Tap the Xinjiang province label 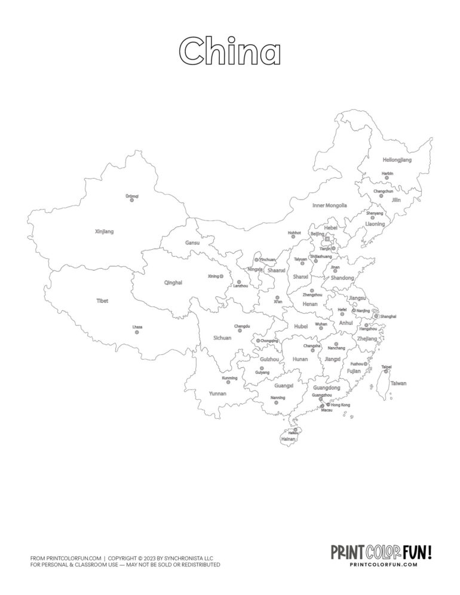tap(104, 231)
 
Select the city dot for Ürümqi tap(132, 200)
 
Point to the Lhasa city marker tap(137, 332)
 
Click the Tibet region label tap(102, 301)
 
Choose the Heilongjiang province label tap(397, 160)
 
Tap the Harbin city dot tap(387, 178)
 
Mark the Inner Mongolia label tap(329, 205)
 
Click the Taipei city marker tap(386, 372)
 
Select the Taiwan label tap(398, 384)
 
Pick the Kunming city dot tap(228, 382)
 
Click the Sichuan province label tap(222, 338)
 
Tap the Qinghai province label tap(173, 283)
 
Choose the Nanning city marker tap(276, 403)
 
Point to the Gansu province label tap(192, 243)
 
